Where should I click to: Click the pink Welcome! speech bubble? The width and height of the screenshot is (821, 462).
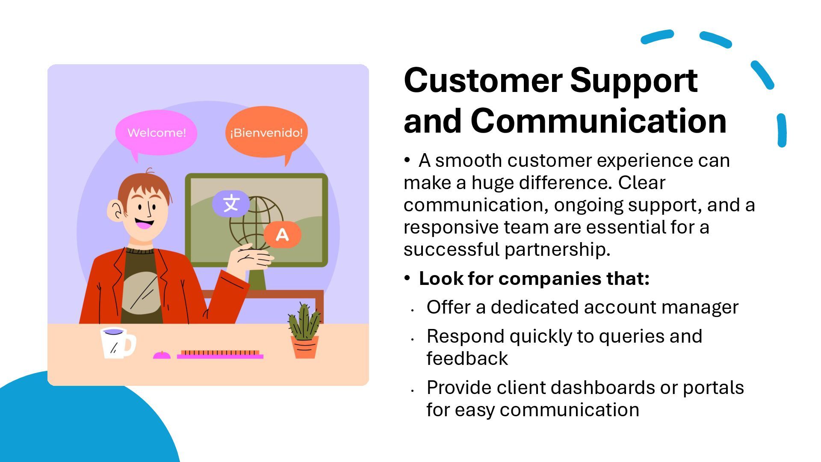tap(156, 133)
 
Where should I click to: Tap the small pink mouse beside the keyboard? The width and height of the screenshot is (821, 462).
tap(162, 355)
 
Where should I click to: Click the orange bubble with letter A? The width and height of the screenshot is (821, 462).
tap(282, 234)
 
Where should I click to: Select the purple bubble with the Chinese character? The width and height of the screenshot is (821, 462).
tap(231, 203)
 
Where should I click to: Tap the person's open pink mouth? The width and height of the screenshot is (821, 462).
tap(144, 223)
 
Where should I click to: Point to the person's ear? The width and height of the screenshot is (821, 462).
tap(115, 210)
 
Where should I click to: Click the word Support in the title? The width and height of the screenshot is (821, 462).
tap(634, 80)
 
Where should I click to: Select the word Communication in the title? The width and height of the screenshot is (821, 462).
tap(599, 121)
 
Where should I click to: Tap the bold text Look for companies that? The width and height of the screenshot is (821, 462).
tap(534, 278)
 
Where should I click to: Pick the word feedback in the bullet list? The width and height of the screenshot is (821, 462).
tap(467, 358)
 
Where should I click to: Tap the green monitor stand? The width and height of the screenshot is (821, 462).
tap(257, 279)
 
